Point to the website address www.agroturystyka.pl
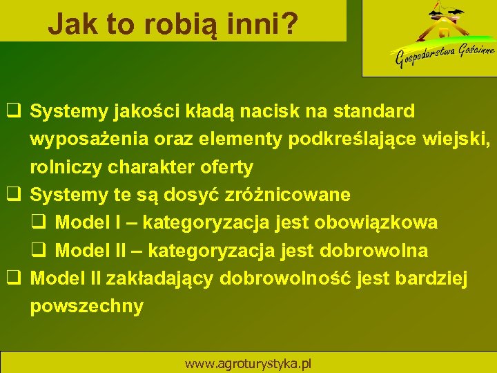248,363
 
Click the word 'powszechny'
87,307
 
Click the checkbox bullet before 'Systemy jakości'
12,111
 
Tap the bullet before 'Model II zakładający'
12,278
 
